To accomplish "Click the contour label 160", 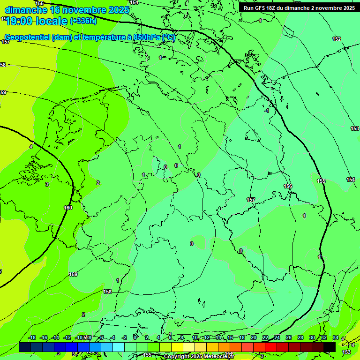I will click(68, 208).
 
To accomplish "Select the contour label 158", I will click(107, 292).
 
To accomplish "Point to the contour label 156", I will click(288, 186).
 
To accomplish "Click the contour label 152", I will click(337, 39).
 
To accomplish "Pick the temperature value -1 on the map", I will click(266, 111).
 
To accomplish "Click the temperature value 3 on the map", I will click(47, 184).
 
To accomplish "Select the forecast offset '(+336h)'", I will click(83, 21).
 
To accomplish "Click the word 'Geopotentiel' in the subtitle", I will click(28, 37).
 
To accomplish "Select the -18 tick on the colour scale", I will click(32, 337).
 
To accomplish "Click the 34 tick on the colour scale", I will click(336, 337).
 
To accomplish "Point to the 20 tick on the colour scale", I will click(253, 337).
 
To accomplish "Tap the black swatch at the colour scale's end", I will click(330, 347).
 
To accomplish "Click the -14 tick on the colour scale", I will click(56, 337).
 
